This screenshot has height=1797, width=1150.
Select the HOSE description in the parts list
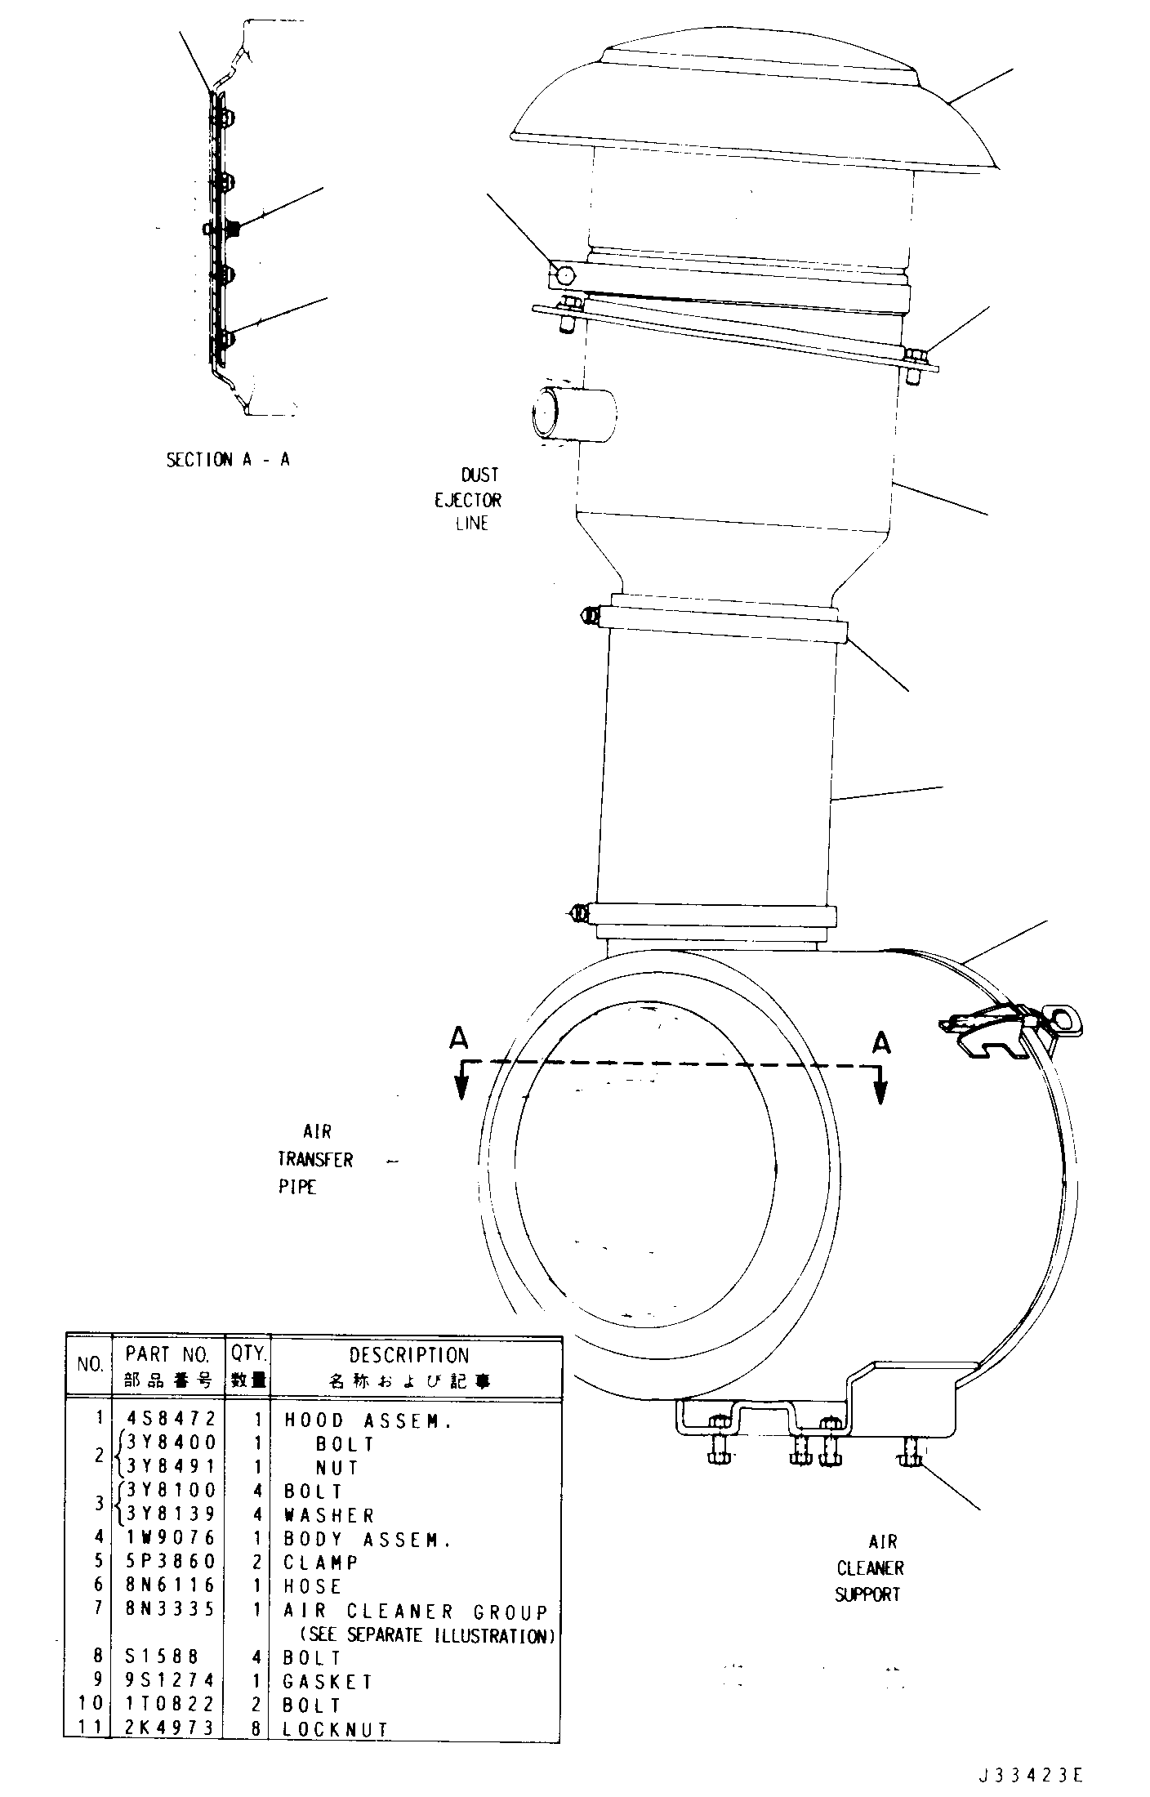click(312, 1585)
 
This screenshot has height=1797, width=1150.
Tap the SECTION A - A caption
click(228, 459)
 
